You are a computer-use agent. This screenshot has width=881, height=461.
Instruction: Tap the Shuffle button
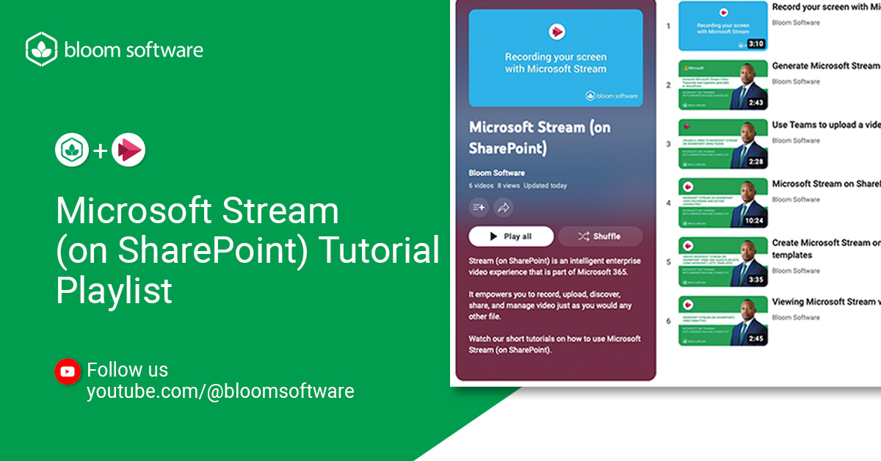(600, 236)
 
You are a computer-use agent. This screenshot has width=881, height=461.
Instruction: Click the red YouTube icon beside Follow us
(68, 371)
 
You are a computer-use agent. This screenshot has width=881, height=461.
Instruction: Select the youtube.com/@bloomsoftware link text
(220, 391)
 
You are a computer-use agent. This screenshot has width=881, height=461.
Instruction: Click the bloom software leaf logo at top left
(41, 49)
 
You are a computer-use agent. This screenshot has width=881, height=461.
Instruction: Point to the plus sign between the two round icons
(100, 151)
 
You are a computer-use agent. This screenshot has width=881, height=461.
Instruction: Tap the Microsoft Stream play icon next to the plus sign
(128, 150)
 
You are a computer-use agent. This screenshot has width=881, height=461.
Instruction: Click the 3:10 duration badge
(756, 43)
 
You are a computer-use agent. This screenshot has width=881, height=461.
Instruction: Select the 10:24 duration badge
(755, 220)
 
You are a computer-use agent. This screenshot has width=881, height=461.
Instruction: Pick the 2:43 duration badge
(756, 103)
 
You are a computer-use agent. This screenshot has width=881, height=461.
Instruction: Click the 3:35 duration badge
(756, 280)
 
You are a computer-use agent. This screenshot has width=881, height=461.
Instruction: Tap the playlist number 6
(668, 321)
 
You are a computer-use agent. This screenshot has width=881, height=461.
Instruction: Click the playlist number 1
(668, 26)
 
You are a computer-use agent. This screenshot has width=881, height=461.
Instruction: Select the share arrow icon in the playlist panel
(504, 208)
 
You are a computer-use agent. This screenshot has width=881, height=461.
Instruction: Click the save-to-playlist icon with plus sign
(479, 208)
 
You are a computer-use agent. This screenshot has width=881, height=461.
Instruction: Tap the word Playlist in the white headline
(114, 291)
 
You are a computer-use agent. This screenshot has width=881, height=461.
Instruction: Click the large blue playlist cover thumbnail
(555, 59)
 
